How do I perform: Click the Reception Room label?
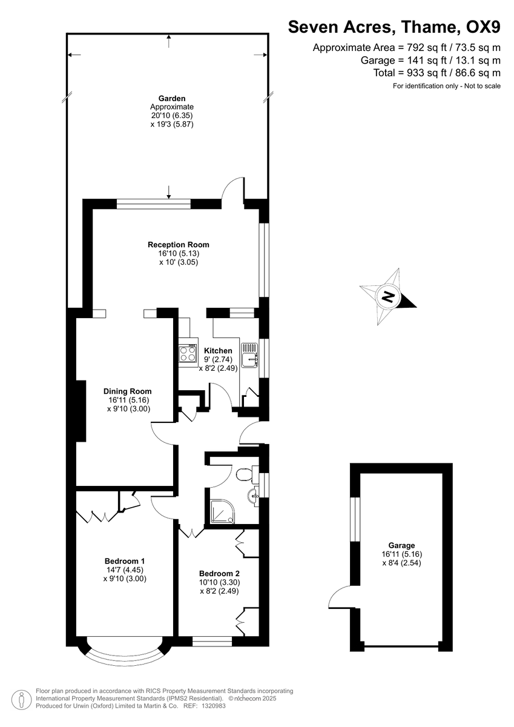[179, 245]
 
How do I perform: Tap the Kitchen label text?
[218, 351]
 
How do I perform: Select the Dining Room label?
[127, 391]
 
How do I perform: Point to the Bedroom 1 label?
[124, 561]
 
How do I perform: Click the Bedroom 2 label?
[220, 573]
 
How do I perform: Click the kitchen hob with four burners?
[188, 353]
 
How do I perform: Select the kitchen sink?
[249, 357]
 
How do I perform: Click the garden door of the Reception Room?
[233, 191]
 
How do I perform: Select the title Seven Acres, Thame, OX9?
[394, 27]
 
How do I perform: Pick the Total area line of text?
[437, 73]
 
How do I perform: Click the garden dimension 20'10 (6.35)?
[171, 115]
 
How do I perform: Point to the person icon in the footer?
[22, 700]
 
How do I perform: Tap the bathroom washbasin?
[253, 496]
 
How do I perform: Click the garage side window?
[355, 519]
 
